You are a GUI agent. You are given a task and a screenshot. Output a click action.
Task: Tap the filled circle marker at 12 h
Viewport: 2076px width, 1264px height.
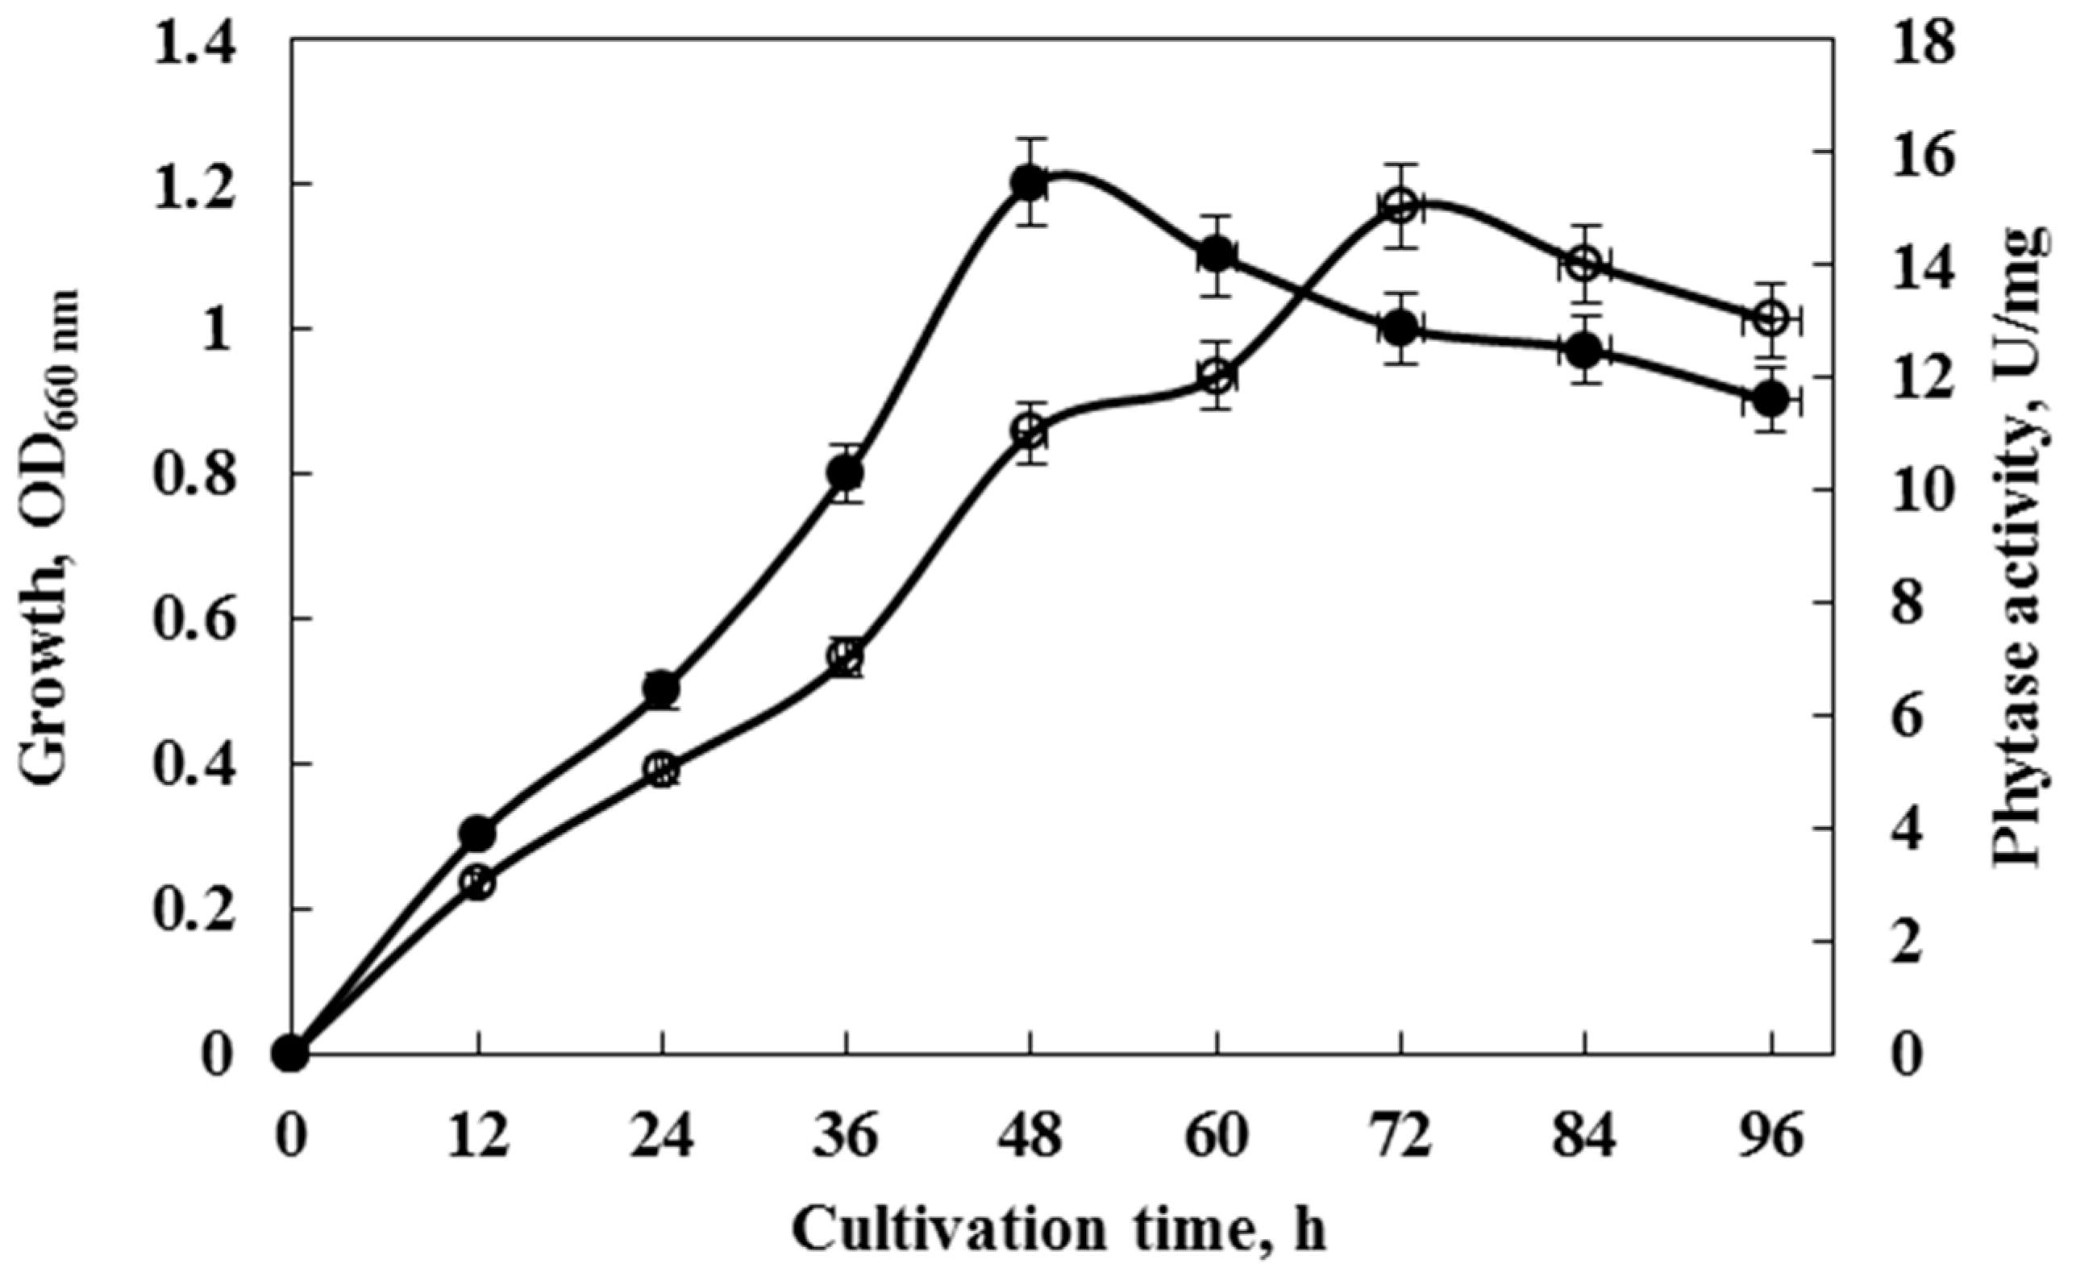tap(479, 834)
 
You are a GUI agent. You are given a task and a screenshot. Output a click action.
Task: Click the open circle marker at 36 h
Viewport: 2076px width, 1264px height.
tap(846, 656)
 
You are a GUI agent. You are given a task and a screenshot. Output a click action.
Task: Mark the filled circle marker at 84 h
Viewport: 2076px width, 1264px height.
tap(1586, 351)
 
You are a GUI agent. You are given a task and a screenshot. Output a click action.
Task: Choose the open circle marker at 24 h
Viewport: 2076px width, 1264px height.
tap(662, 769)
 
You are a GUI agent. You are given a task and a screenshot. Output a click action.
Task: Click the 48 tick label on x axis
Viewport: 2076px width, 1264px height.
tap(1030, 1138)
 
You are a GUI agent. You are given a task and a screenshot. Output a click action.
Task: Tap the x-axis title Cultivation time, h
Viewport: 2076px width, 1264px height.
tap(1060, 1231)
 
